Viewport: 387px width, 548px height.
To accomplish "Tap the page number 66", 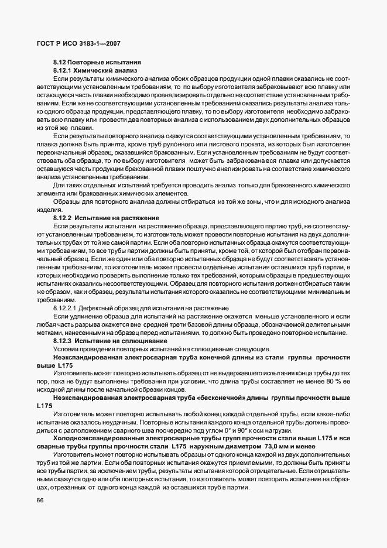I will pyautogui.click(x=40, y=500).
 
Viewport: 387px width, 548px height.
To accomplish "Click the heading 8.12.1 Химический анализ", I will pyautogui.click(x=95, y=70).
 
